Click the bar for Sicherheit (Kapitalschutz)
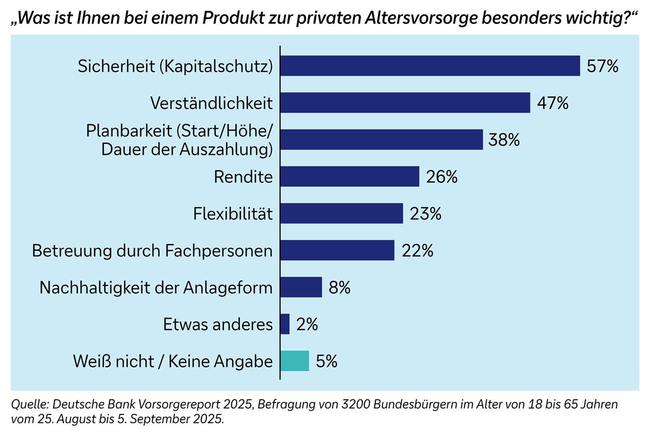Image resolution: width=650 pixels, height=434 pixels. pos(430,66)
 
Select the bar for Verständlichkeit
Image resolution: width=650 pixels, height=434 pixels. pos(405,103)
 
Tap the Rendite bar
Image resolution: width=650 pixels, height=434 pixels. pos(350,176)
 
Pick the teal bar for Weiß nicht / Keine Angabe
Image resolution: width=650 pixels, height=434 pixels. pos(295,361)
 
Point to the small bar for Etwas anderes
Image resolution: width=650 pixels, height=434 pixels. pos(285,324)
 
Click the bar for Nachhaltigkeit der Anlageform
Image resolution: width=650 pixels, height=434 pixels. pos(301,287)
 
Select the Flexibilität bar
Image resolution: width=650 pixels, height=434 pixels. pos(342,213)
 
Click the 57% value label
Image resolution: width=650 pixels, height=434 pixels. pos(602,66)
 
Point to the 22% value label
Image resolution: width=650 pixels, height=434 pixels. pos(417,251)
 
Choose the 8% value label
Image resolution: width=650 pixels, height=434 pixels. pos(340,288)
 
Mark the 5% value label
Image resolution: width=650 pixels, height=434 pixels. pos(327,361)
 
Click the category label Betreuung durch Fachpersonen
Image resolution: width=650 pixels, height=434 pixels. pos(152,251)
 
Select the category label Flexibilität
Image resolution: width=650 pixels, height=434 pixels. pos(232,214)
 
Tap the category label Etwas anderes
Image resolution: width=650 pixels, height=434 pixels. pos(218,324)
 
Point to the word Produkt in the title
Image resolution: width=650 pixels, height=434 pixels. pos(232,18)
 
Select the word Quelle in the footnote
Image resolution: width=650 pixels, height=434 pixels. pos(30,405)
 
